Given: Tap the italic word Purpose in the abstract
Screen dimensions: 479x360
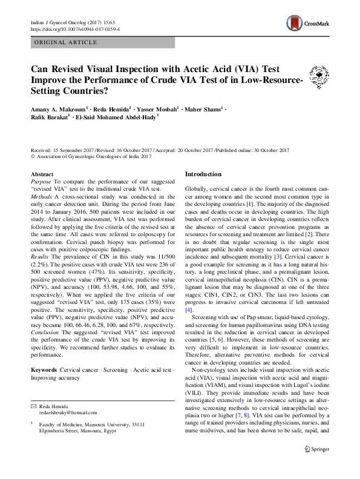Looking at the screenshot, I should pos(41,182).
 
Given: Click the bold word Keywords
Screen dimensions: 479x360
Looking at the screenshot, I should pos(44,370).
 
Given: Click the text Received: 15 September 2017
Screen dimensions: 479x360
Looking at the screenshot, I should pos(67,150).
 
